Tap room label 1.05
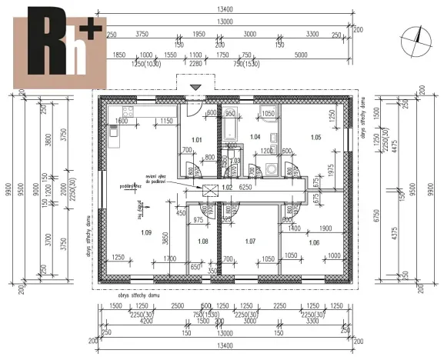[x=315, y=137]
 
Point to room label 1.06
[x=315, y=242]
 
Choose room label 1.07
[x=249, y=242]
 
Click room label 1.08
[x=203, y=242]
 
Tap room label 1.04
[x=256, y=137]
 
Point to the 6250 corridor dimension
[x=246, y=187]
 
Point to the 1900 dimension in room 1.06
[x=325, y=228]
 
